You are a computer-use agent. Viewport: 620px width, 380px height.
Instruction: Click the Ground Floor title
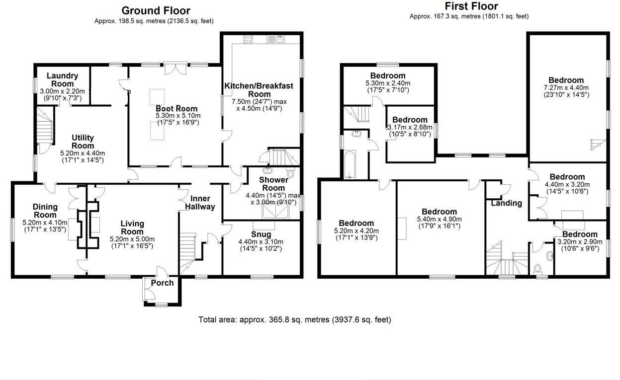tap(156, 10)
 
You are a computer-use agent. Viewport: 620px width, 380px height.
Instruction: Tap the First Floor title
tap(471, 6)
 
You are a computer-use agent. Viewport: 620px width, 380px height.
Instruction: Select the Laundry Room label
tap(62, 79)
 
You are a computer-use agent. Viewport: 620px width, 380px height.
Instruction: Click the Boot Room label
tap(177, 108)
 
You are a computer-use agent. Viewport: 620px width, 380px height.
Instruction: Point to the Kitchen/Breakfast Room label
tap(259, 89)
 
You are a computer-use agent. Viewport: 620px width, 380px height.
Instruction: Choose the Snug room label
tap(261, 234)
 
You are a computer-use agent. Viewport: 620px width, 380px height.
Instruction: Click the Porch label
tap(162, 283)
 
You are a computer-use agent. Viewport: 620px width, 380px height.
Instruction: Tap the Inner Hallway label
tap(200, 202)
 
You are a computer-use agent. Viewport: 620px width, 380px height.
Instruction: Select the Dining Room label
tap(45, 211)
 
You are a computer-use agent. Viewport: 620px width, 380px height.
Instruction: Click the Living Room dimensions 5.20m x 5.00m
tap(132, 239)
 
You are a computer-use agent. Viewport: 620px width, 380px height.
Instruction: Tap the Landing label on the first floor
tap(506, 203)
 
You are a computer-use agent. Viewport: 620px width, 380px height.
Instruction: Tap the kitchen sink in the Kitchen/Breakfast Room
tap(275, 39)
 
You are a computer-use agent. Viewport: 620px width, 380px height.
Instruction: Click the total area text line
tap(294, 319)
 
